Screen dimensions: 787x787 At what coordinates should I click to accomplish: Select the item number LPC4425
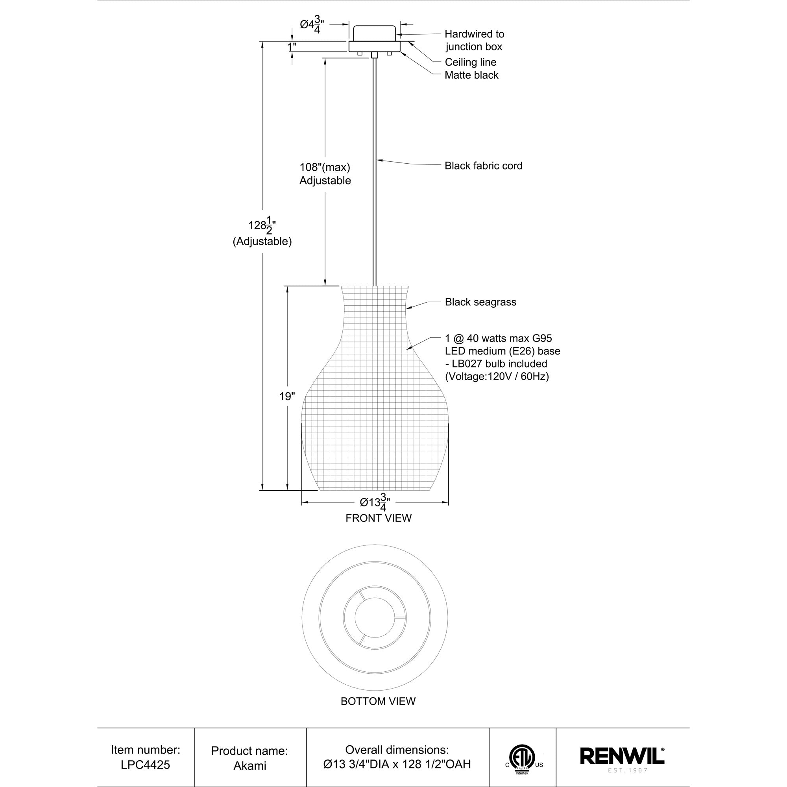pos(146,765)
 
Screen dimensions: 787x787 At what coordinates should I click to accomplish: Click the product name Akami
pos(250,765)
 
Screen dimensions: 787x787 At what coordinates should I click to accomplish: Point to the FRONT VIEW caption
pos(379,518)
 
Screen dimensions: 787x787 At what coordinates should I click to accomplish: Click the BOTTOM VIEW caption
pos(378,701)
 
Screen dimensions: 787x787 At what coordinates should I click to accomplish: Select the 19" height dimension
pos(287,396)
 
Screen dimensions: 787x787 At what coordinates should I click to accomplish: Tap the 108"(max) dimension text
pos(325,167)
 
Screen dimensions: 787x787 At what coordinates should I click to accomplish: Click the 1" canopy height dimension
pos(292,47)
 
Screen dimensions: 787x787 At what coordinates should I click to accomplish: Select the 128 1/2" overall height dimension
pos(262,225)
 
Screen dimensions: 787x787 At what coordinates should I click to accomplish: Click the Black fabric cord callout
pos(483,166)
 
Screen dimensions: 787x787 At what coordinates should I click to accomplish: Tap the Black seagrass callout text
pos(480,302)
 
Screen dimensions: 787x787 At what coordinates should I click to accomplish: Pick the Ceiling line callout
pos(471,62)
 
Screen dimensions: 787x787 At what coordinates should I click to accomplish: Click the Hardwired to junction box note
pos(474,40)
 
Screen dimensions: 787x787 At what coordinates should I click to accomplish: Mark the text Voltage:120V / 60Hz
pos(497,377)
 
